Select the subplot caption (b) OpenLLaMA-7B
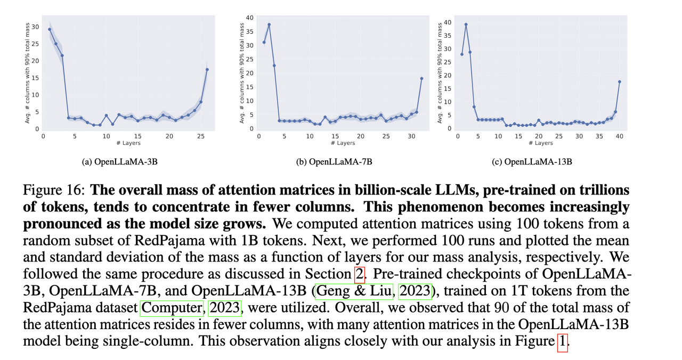[x=334, y=161]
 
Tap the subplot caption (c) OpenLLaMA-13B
[x=531, y=161]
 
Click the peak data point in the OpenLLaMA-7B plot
[x=269, y=24]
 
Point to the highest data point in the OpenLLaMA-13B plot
[x=466, y=24]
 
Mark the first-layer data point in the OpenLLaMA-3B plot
[x=50, y=29]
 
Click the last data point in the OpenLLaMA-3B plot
[x=207, y=70]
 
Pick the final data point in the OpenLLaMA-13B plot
[x=619, y=81]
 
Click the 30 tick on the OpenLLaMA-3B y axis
[x=36, y=27]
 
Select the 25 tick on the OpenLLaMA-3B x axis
[x=200, y=136]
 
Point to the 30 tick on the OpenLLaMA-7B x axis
[x=411, y=136]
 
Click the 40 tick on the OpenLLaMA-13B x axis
[x=619, y=136]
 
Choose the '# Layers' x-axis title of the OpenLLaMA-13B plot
[x=543, y=143]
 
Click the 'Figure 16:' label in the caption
[x=53, y=191]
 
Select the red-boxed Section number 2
[x=360, y=274]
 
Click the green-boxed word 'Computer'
[x=172, y=308]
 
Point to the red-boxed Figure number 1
[x=562, y=341]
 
